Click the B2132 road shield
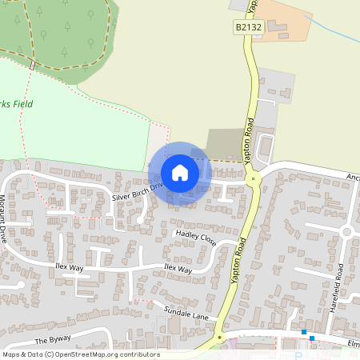click(248, 28)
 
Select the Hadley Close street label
click(195, 238)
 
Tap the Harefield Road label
click(338, 282)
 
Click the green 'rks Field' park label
click(18, 104)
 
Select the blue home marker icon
click(180, 173)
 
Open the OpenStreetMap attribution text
click(80, 354)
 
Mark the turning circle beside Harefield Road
click(346, 232)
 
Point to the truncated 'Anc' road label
click(353, 176)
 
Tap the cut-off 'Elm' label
click(353, 345)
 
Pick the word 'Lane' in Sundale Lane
click(199, 314)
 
